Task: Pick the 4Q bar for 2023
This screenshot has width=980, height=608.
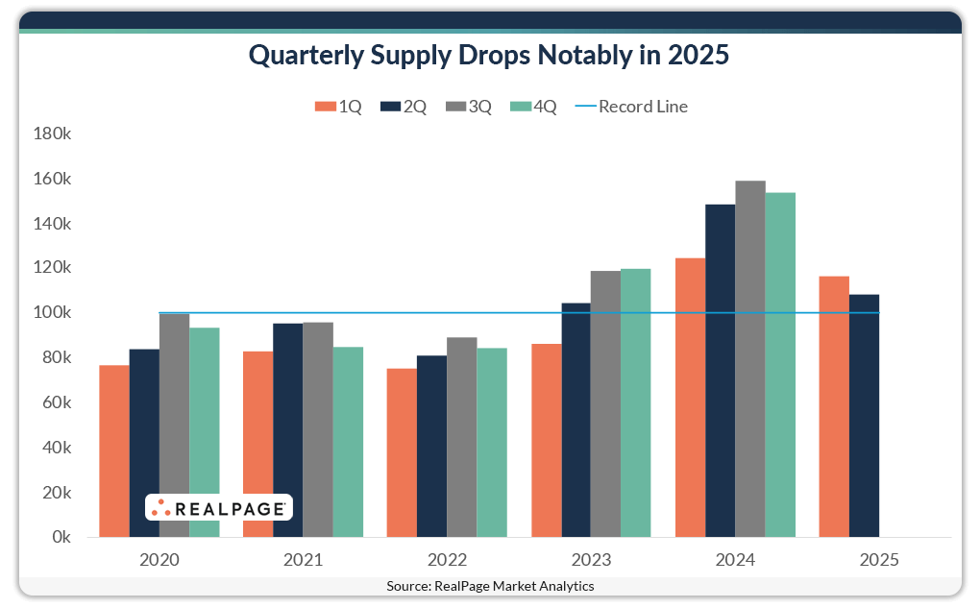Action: [x=636, y=402]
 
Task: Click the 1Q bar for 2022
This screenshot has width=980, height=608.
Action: [x=402, y=452]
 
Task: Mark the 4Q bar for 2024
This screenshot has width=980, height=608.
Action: [x=780, y=364]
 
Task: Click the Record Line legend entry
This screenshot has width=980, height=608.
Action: [x=631, y=107]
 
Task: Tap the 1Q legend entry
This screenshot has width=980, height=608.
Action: [x=338, y=107]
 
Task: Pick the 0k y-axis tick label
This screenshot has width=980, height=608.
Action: [x=60, y=537]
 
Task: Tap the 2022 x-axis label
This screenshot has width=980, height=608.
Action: [x=447, y=560]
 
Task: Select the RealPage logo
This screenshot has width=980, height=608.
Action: [x=218, y=508]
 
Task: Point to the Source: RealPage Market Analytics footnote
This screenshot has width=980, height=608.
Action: [x=490, y=586]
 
